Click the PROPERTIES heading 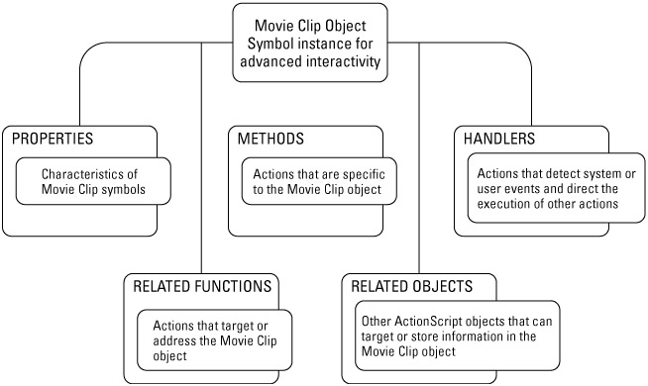(x=53, y=139)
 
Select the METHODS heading (x=270, y=139)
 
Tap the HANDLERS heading (x=499, y=139)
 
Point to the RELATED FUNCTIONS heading (x=202, y=286)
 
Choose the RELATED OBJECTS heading (x=411, y=286)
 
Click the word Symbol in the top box (x=270, y=45)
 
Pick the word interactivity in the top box (x=344, y=61)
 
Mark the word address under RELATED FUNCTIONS (x=173, y=341)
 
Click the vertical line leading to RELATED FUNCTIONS (x=201, y=157)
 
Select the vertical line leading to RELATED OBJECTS (x=419, y=157)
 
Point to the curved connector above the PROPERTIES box (x=84, y=54)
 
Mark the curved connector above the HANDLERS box (x=526, y=54)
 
